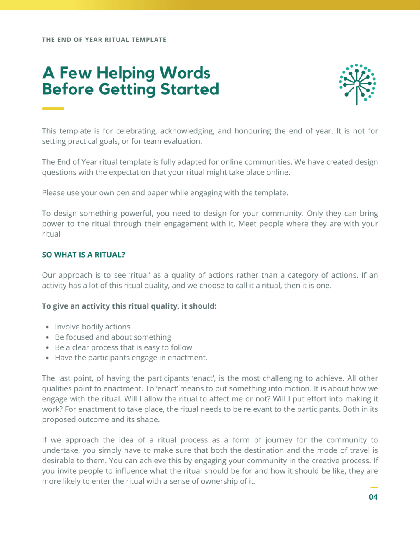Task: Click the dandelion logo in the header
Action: click(x=357, y=84)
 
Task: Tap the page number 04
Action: click(x=373, y=497)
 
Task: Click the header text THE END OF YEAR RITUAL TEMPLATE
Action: click(x=104, y=40)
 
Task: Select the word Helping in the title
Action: click(x=126, y=73)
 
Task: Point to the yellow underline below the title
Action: click(x=53, y=109)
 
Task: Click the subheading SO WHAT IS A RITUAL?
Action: click(x=84, y=255)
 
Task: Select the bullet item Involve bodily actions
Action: click(x=92, y=327)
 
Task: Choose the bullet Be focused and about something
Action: click(x=113, y=337)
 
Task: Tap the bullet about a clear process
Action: click(x=123, y=347)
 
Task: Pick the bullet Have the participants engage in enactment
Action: click(x=131, y=358)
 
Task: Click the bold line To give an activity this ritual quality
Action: click(x=129, y=306)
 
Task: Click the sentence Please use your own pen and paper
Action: click(x=165, y=193)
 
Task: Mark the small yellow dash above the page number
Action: click(x=374, y=487)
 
